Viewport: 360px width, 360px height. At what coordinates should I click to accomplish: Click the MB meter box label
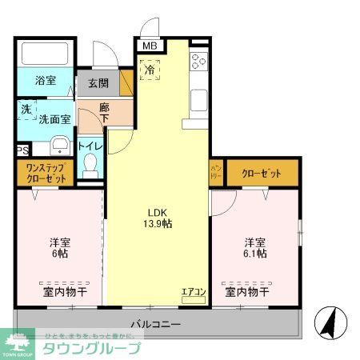point(150,46)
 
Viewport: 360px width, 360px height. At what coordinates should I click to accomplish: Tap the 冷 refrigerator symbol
point(150,70)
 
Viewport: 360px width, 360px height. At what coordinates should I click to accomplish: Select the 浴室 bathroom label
point(46,81)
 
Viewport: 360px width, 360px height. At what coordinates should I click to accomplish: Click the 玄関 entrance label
point(98,83)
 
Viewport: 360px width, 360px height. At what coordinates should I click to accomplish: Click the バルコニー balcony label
point(156,325)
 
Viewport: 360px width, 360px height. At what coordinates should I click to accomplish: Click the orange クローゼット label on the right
point(262,171)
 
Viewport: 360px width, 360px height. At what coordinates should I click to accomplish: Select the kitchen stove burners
point(198,62)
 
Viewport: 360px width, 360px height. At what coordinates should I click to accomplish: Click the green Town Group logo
point(17,343)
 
